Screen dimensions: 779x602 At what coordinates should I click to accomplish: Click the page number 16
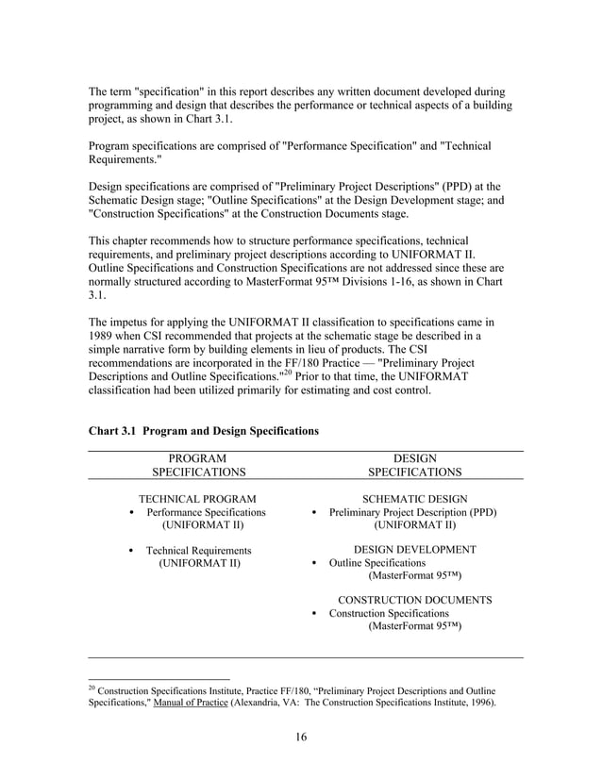pyautogui.click(x=301, y=737)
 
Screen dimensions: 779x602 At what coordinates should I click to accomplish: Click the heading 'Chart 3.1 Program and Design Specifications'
pyautogui.click(x=203, y=430)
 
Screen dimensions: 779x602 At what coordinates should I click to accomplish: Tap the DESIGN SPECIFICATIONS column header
pyautogui.click(x=414, y=464)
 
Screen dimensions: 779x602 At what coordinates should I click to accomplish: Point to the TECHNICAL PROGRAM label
pyautogui.click(x=198, y=497)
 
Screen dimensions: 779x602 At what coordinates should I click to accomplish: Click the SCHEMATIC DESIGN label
pyautogui.click(x=414, y=497)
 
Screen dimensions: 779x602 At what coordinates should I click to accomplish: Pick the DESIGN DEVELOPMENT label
pyautogui.click(x=414, y=549)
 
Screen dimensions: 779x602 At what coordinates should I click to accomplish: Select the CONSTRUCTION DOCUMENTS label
pyautogui.click(x=414, y=600)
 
